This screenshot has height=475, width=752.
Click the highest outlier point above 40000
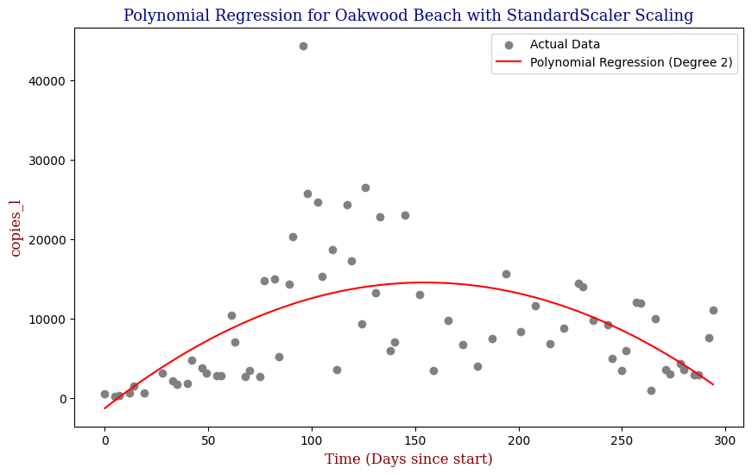pyautogui.click(x=303, y=46)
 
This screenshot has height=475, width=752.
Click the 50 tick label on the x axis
pyautogui.click(x=208, y=439)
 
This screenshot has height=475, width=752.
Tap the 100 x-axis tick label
pyautogui.click(x=312, y=439)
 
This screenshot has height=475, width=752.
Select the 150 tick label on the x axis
pyautogui.click(x=415, y=439)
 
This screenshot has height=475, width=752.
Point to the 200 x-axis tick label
pyautogui.click(x=519, y=439)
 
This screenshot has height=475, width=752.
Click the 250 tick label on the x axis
pyautogui.click(x=622, y=439)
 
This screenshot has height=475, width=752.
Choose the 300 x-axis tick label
pyautogui.click(x=725, y=439)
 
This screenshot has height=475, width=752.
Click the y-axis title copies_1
pyautogui.click(x=16, y=227)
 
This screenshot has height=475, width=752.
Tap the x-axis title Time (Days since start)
pyautogui.click(x=408, y=459)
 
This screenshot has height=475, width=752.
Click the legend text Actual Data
pyautogui.click(x=565, y=44)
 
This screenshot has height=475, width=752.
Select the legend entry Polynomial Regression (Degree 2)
pyautogui.click(x=631, y=62)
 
